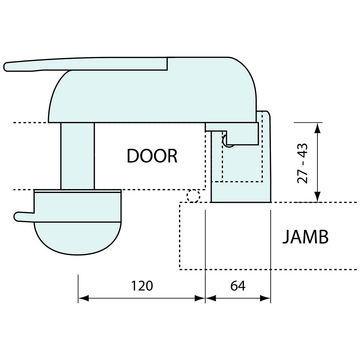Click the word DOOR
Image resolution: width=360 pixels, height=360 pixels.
coord(152,156)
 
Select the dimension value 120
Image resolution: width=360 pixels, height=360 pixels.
coord(142,286)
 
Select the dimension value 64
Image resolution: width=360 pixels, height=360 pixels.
coord(238,286)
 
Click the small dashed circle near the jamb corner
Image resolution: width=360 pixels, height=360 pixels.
coord(193,196)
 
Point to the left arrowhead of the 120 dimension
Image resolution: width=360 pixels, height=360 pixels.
coord(83,298)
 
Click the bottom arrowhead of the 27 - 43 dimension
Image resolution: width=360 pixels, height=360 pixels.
coord(317,197)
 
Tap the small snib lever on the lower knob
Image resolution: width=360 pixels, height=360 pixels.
coord(23,217)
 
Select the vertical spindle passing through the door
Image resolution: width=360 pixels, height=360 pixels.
coord(78,156)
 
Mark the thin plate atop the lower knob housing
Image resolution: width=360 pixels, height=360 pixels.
coord(78,191)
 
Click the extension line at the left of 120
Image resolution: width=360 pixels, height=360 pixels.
coord(78,288)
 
